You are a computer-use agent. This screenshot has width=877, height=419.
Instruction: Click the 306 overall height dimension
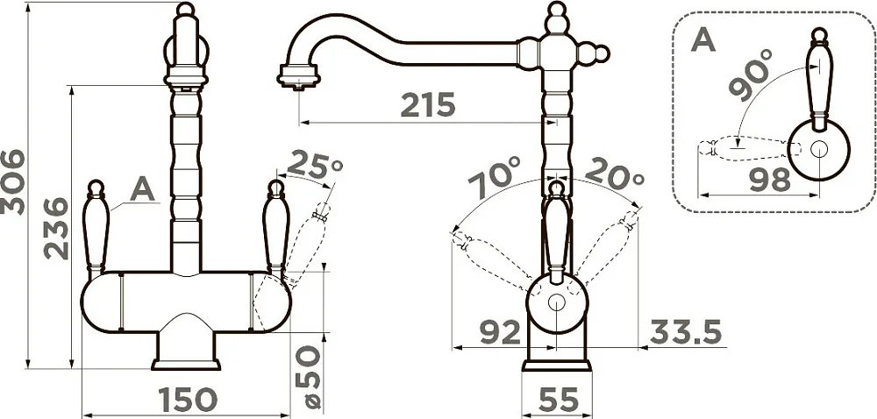(12, 182)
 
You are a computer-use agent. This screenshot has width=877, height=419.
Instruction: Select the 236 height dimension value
(56, 229)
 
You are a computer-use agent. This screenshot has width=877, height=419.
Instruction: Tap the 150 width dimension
(188, 399)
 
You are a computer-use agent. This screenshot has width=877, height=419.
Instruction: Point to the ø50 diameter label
(309, 377)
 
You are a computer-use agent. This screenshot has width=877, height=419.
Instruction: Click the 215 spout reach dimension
(429, 104)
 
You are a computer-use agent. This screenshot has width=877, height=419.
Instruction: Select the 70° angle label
(495, 177)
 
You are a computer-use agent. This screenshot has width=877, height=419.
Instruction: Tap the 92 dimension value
(501, 333)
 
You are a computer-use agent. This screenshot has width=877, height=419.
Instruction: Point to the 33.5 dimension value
(686, 333)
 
